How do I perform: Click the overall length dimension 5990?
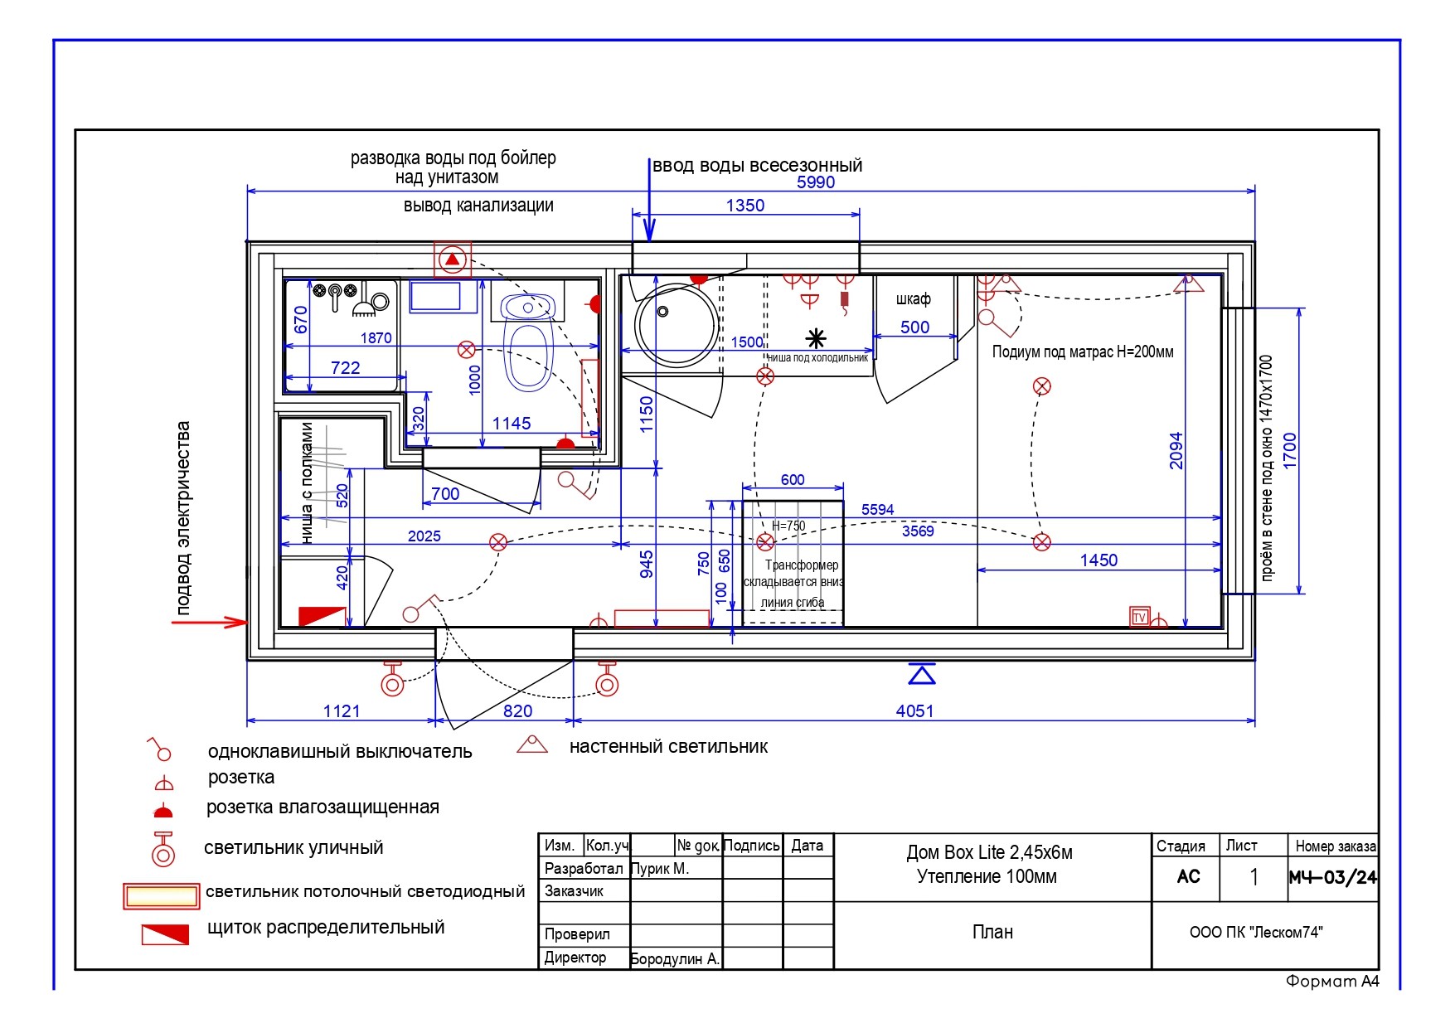(x=816, y=182)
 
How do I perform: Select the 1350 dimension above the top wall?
(x=745, y=206)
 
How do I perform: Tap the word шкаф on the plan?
(x=913, y=298)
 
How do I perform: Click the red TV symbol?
(x=1139, y=617)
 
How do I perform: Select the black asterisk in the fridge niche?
(x=817, y=337)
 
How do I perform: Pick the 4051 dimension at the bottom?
(x=914, y=710)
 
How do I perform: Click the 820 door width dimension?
(x=518, y=710)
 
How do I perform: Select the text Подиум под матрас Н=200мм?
(x=1083, y=352)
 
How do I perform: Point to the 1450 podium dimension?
(x=1099, y=560)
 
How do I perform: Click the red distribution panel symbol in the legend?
(x=165, y=934)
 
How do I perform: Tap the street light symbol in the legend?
(x=163, y=849)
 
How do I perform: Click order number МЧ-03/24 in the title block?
(x=1333, y=877)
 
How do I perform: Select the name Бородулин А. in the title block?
(x=675, y=959)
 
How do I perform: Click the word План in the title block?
(x=992, y=932)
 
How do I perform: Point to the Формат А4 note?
(x=1332, y=982)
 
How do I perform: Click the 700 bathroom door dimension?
(x=445, y=494)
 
